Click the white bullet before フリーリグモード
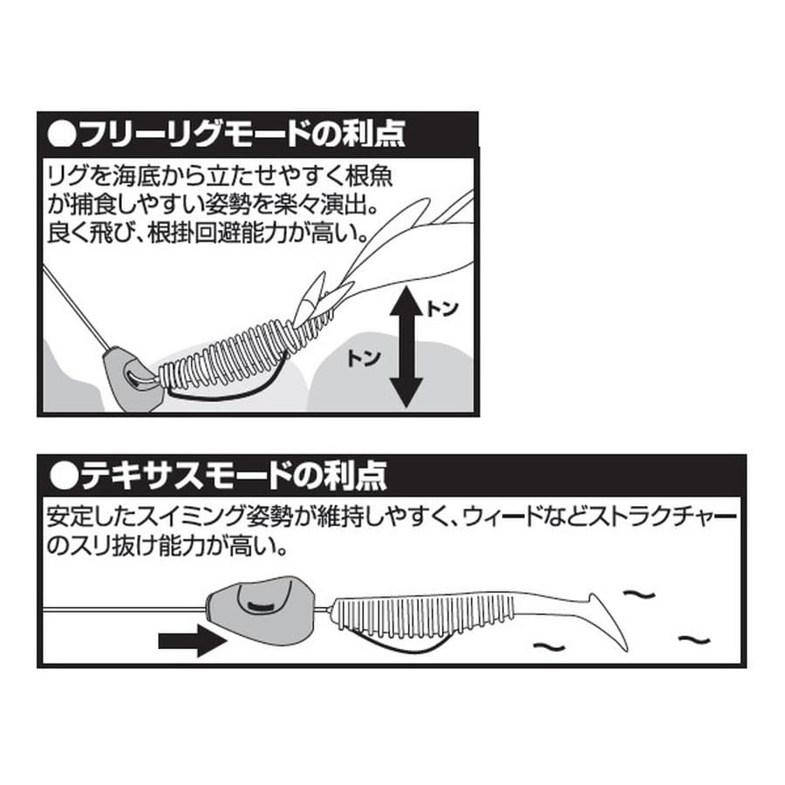tap(62, 133)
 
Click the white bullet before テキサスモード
tap(64, 476)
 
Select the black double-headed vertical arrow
tap(406, 346)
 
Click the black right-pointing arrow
tap(192, 640)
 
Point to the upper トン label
tap(442, 309)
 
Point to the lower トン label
tap(364, 358)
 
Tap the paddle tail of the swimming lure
tap(609, 624)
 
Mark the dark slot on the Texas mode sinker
tap(263, 606)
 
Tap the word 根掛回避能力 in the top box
tap(216, 233)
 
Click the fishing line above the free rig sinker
tap(74, 307)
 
